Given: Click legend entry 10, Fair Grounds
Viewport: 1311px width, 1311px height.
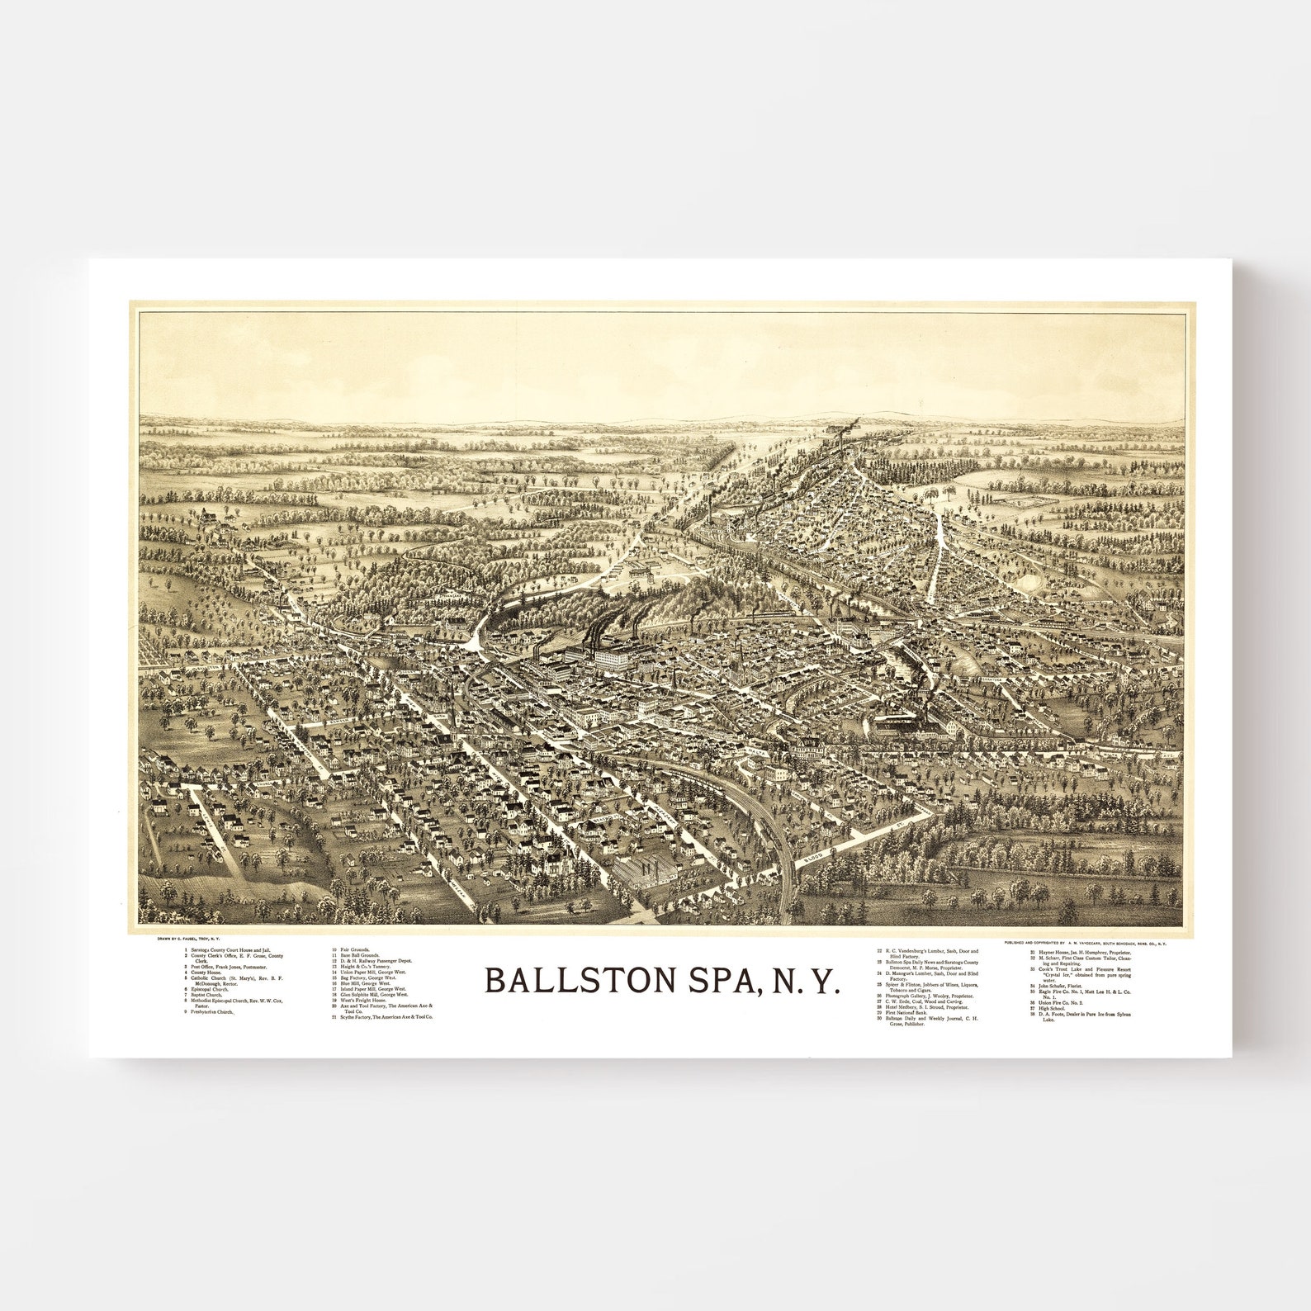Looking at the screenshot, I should [x=350, y=951].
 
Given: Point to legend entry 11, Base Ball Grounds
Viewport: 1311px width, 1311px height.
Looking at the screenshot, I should [x=355, y=956].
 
